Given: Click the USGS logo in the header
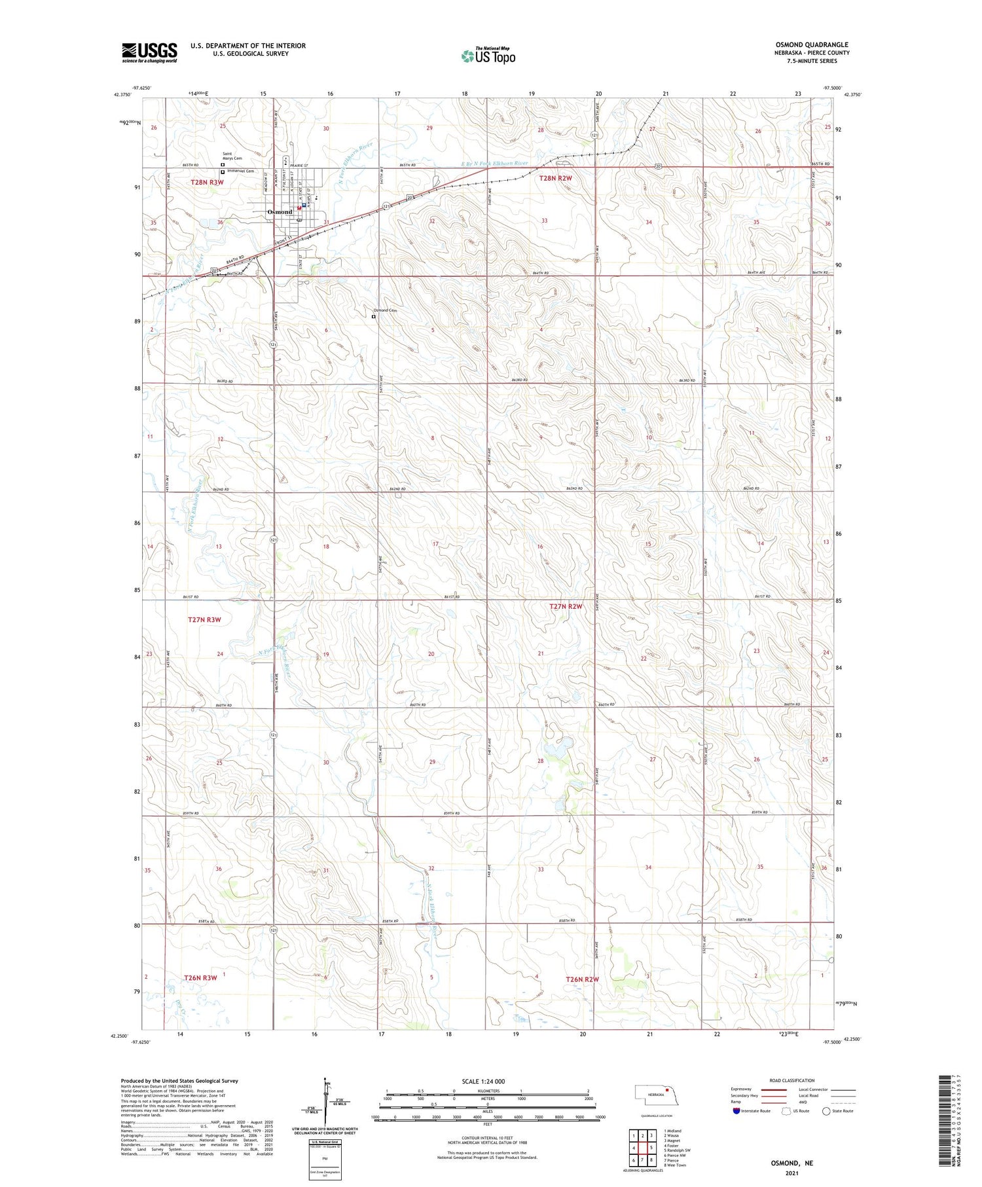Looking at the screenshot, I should coord(149,52).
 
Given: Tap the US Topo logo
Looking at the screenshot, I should coord(488,56).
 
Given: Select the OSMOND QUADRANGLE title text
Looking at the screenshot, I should coord(811,45).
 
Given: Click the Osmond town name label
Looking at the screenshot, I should coord(280,212).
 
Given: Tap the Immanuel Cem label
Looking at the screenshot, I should coord(240,172).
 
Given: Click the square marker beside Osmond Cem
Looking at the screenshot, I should coord(373,317).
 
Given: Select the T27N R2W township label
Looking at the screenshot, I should coord(566,606).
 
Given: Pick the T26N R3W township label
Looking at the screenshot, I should coord(200,977).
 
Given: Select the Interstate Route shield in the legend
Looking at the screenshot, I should coord(736,1110).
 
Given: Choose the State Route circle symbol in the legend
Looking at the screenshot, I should coord(826,1110).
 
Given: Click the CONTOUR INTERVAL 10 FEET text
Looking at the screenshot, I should coord(487,1138).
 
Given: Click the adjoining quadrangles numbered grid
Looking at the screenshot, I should coord(642,1146).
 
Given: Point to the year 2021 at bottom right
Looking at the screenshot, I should coord(790,1173).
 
